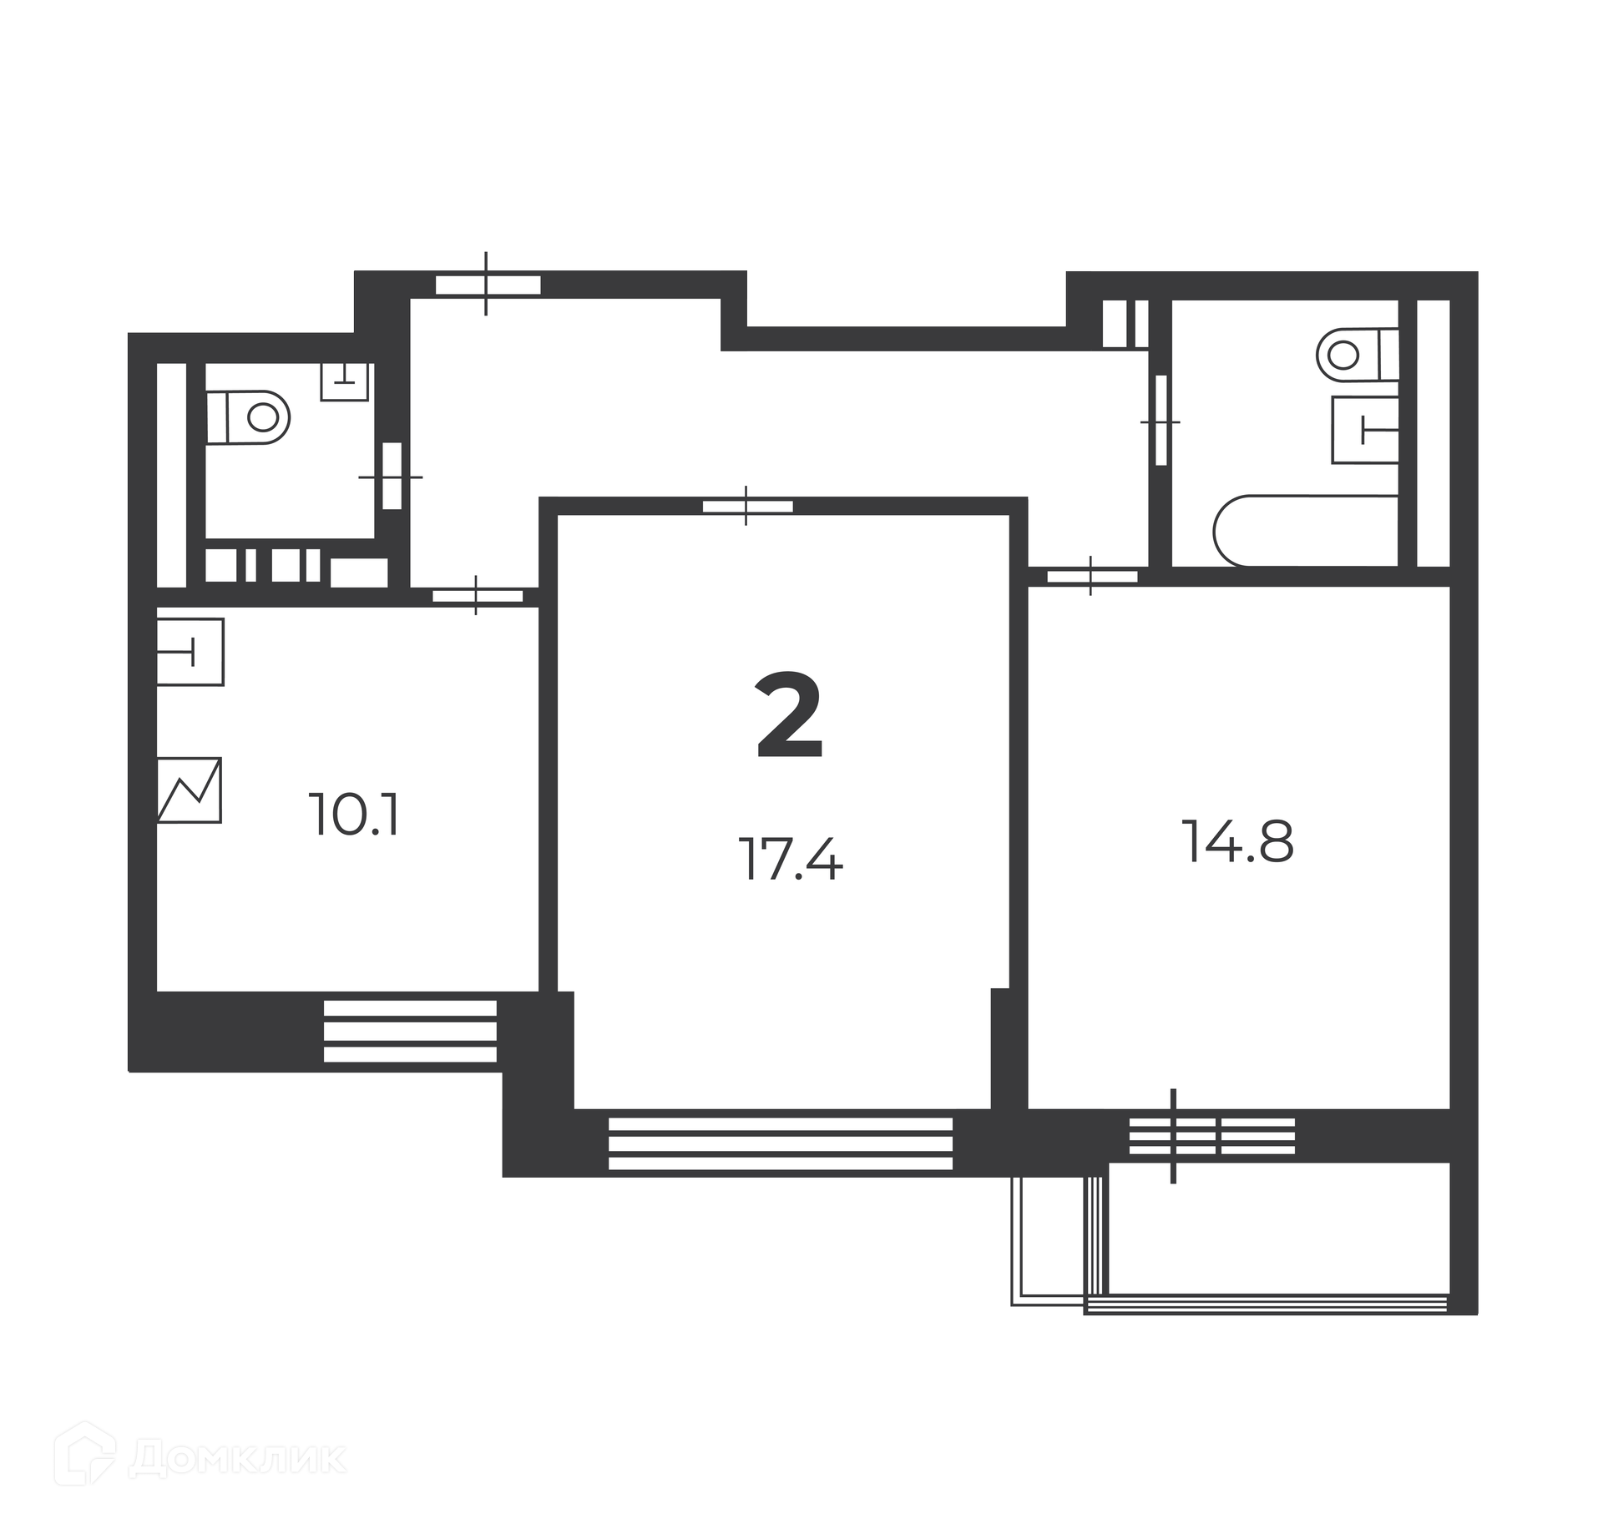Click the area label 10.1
(x=354, y=815)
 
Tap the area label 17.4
(x=791, y=859)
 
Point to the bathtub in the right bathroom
(x=1307, y=531)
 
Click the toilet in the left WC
(x=248, y=416)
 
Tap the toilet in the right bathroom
(x=1358, y=355)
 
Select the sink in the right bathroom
(x=1365, y=430)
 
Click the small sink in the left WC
(x=345, y=381)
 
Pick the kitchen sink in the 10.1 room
(x=190, y=651)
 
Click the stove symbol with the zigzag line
(x=190, y=790)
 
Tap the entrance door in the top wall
(x=488, y=285)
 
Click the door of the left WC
(x=392, y=476)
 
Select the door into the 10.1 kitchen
(x=477, y=596)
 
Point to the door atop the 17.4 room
(x=747, y=506)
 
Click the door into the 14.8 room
(x=1092, y=576)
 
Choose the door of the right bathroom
(x=1161, y=421)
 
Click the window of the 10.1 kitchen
(x=410, y=1031)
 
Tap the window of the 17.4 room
(x=781, y=1143)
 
